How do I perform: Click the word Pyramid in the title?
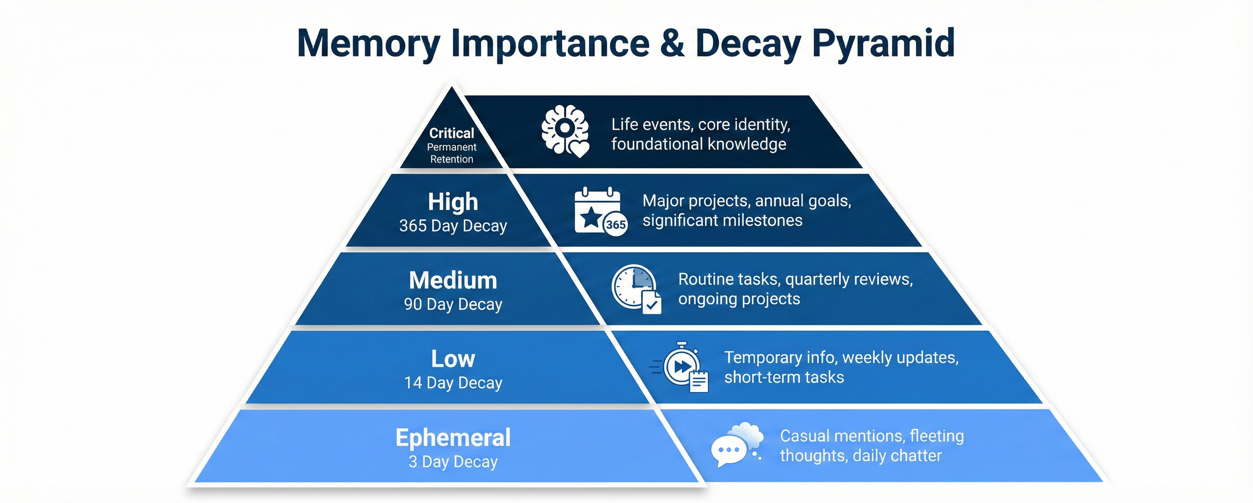(883, 44)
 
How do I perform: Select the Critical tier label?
(451, 133)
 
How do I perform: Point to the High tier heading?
(453, 202)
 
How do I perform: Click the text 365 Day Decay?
(453, 226)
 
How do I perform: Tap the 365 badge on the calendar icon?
(615, 225)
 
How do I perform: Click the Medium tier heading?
(453, 280)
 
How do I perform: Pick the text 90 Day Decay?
(453, 304)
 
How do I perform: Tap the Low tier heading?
(453, 359)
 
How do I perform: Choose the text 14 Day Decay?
(453, 383)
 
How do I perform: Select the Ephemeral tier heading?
(453, 437)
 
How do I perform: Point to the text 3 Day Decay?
(453, 462)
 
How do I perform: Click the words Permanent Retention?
(451, 153)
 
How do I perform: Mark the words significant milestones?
(722, 221)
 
